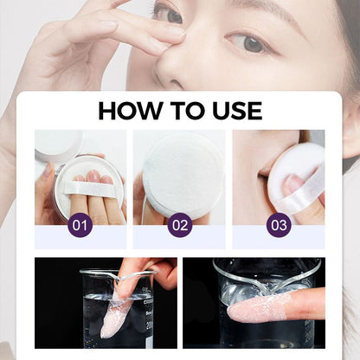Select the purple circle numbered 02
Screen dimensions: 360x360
[x=180, y=226]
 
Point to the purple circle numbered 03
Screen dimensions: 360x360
[x=279, y=226]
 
